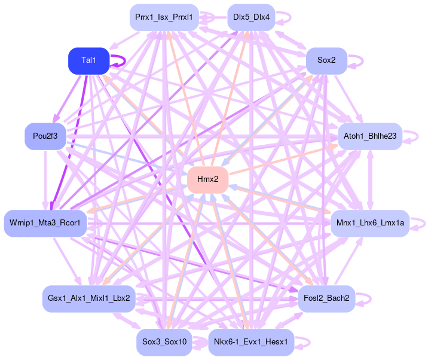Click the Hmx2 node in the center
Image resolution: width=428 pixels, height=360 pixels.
(207, 179)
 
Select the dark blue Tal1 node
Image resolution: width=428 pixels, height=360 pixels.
(88, 60)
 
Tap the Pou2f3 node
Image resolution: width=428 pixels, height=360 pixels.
(45, 136)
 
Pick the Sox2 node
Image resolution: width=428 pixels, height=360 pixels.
(326, 60)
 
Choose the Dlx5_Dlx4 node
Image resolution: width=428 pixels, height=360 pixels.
(251, 17)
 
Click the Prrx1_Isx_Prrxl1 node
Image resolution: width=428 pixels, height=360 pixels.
(164, 17)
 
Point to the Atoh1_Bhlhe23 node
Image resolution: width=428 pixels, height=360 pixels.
(369, 136)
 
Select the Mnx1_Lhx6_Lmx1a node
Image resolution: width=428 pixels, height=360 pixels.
(369, 223)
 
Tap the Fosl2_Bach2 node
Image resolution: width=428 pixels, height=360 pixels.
(326, 298)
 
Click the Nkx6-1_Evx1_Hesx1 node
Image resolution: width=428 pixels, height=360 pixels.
(251, 342)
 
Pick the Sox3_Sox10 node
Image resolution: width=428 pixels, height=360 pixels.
(164, 342)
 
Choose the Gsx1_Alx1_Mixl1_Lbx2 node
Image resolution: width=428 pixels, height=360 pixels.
(89, 298)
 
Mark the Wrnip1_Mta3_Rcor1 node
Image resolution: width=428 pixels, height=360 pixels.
(45, 223)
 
